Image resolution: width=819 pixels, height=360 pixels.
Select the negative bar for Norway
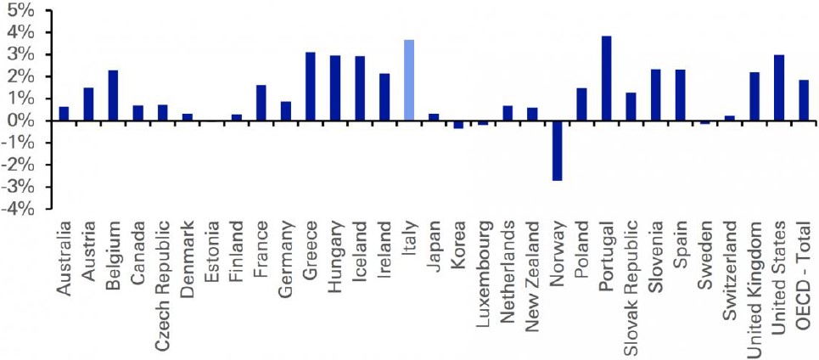pos(557,150)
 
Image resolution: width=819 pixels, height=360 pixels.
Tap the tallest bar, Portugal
pos(606,78)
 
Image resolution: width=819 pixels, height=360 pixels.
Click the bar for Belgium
pos(113,95)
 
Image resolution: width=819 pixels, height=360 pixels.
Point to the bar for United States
pos(779,87)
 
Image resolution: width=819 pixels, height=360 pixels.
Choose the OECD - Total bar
pos(804,100)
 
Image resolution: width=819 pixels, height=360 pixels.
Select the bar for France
pos(261,103)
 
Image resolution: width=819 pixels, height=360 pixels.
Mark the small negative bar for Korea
pos(458,124)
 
